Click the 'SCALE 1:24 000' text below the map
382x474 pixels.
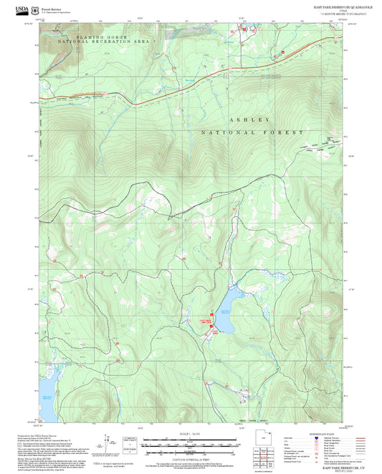(191, 435)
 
